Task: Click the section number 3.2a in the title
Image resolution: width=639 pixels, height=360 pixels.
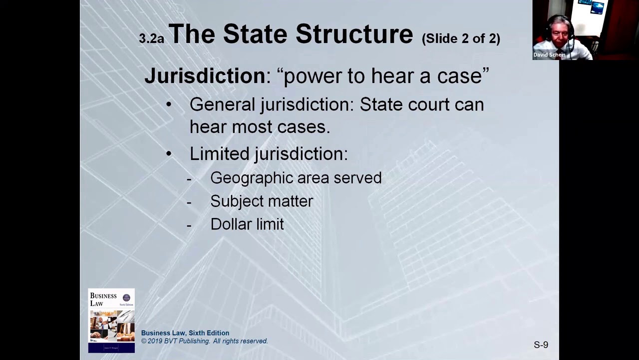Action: click(151, 38)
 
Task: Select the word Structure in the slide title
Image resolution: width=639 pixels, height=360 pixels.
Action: click(354, 34)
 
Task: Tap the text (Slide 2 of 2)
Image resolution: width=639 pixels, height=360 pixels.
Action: click(461, 38)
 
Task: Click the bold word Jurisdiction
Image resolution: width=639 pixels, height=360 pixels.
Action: click(205, 75)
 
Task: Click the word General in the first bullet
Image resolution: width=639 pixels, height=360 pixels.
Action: click(222, 104)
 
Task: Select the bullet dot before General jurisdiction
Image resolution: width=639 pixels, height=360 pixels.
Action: click(169, 104)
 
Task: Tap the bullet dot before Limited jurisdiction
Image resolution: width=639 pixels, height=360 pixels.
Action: click(169, 153)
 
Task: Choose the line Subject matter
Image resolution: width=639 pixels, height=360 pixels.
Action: click(262, 201)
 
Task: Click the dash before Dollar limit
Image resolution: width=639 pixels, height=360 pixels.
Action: click(189, 225)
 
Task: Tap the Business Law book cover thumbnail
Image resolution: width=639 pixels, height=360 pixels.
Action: click(111, 320)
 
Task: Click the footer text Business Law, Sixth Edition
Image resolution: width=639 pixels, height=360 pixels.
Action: click(185, 333)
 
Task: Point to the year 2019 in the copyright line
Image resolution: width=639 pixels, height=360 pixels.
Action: click(157, 341)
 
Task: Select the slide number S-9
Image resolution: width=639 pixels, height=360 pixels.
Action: click(541, 344)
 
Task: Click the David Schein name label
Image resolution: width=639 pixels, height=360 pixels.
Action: click(549, 55)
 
